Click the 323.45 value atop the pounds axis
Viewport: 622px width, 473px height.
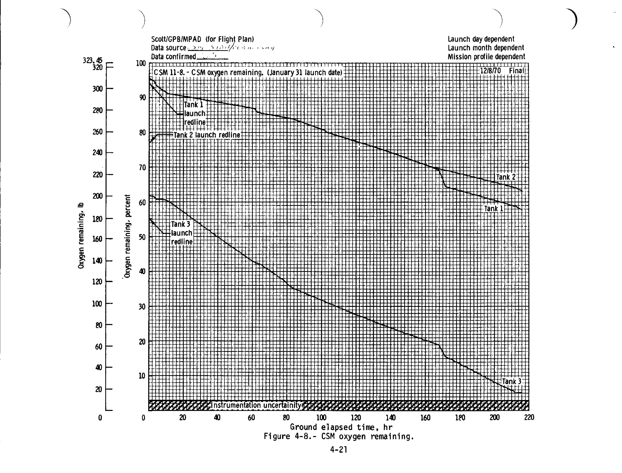(93, 60)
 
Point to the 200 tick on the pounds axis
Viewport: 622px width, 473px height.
(97, 196)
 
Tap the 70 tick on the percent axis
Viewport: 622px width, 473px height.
(142, 168)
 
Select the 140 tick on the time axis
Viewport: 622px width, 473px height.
(391, 417)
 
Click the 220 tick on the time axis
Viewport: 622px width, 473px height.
(529, 417)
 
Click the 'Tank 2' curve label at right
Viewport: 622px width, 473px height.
(506, 177)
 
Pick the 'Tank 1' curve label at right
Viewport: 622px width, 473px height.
(493, 209)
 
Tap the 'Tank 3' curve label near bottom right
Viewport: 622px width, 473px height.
(511, 381)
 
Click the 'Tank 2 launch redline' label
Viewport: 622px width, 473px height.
(207, 135)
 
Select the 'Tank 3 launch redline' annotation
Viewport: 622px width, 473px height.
(182, 233)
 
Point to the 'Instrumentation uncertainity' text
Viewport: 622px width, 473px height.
(256, 405)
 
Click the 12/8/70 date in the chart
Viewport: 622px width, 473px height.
(490, 71)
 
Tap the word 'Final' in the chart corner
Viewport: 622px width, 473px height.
(516, 71)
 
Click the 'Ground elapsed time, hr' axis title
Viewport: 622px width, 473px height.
(341, 427)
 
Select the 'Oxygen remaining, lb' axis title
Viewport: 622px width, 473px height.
(81, 235)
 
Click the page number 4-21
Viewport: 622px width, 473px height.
(339, 449)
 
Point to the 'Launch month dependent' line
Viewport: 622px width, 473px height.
(486, 48)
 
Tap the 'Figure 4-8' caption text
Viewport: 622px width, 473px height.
(339, 436)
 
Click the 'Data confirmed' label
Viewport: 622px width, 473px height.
(173, 57)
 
